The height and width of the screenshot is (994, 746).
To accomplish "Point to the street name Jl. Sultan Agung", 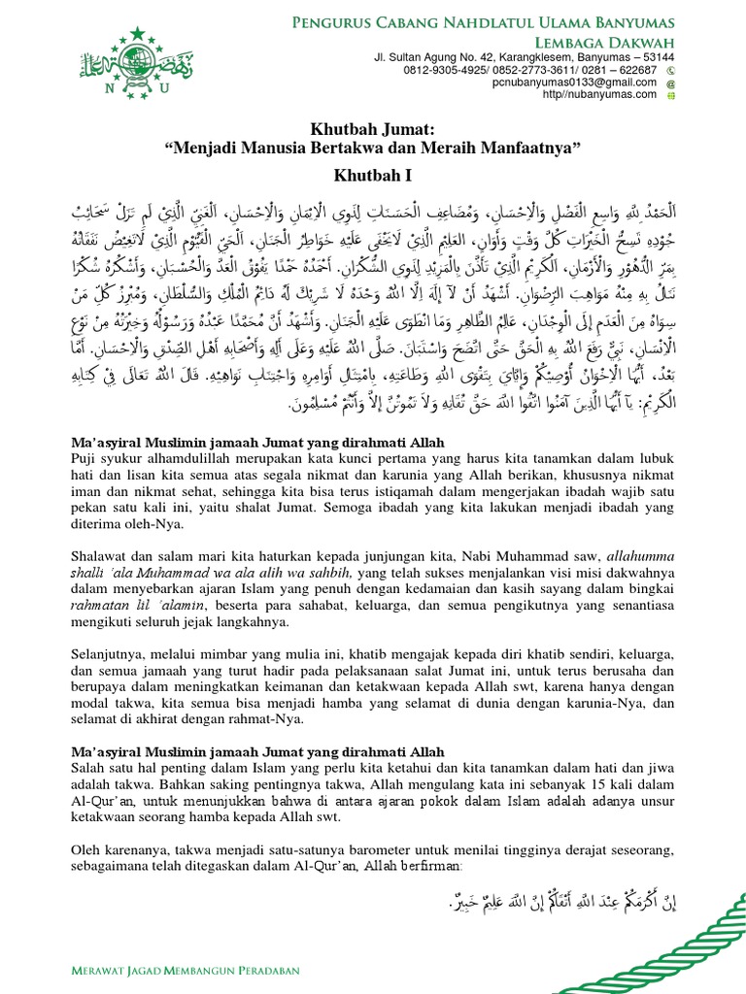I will point(419,57).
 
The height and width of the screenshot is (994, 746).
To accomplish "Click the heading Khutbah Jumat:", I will point(373,128).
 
